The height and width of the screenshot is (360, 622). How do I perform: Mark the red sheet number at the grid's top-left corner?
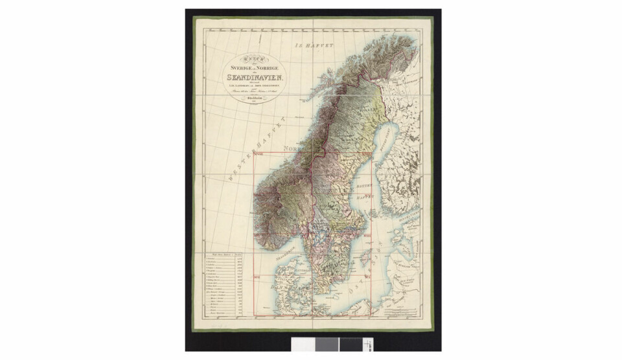click(x=259, y=153)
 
